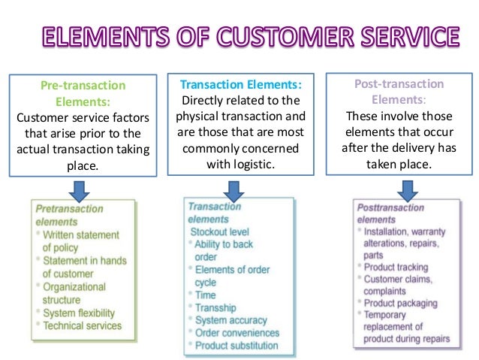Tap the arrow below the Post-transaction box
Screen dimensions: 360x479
pyautogui.click(x=407, y=189)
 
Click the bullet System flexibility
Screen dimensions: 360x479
pyautogui.click(x=79, y=313)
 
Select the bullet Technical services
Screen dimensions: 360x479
pyautogui.click(x=82, y=325)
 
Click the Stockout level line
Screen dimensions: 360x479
pyautogui.click(x=219, y=231)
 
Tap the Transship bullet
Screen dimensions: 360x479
pyautogui.click(x=215, y=307)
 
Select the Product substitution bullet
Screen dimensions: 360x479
pyautogui.click(x=236, y=346)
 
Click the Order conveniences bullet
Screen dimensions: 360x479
pyautogui.click(x=236, y=333)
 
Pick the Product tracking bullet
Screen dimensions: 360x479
pyautogui.click(x=396, y=267)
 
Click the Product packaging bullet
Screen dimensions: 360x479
pyautogui.click(x=400, y=303)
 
